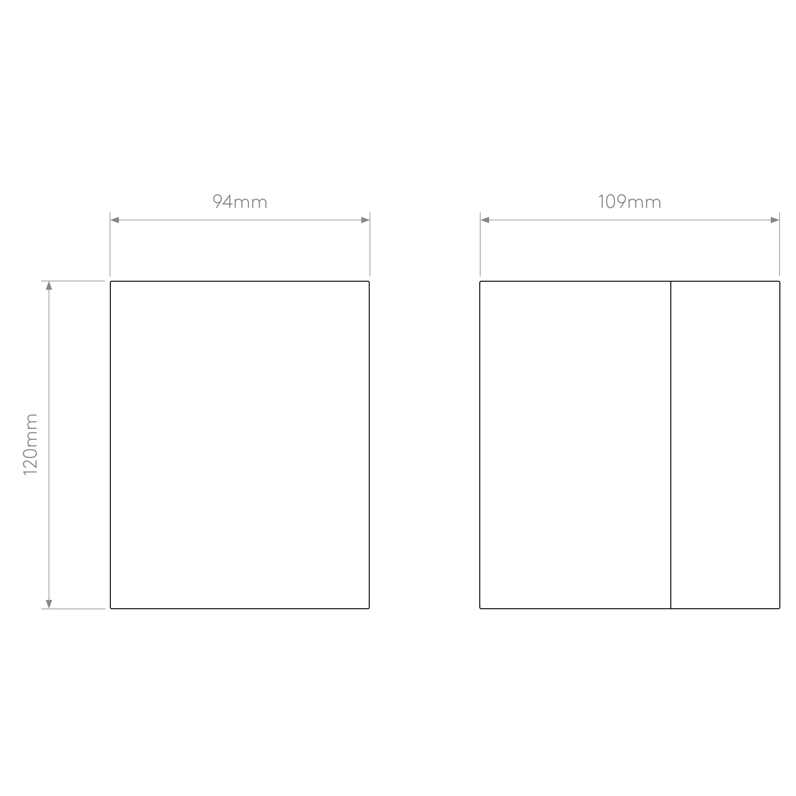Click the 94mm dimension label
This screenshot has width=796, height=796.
click(x=240, y=202)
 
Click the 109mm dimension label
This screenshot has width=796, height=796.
click(x=629, y=202)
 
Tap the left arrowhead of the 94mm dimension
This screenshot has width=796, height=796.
click(x=115, y=220)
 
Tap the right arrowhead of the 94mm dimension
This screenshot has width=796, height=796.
click(x=366, y=220)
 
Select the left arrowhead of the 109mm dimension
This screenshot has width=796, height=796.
click(x=485, y=220)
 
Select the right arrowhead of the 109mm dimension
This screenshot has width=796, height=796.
click(x=775, y=220)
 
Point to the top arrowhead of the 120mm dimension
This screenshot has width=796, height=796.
click(x=49, y=286)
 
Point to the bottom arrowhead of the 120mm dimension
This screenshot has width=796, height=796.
click(x=49, y=604)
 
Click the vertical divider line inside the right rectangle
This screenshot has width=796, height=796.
click(x=671, y=445)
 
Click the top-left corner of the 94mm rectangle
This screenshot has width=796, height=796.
click(x=110, y=281)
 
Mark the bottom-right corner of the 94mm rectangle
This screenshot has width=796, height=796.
click(x=369, y=608)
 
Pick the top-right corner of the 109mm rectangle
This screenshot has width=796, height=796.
click(x=779, y=281)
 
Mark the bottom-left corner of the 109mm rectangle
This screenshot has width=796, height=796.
click(x=480, y=608)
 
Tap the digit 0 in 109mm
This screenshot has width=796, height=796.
click(x=611, y=202)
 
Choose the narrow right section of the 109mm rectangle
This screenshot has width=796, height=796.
click(x=725, y=445)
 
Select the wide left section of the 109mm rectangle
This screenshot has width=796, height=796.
click(x=575, y=445)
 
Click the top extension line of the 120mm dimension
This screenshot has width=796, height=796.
click(x=73, y=281)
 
